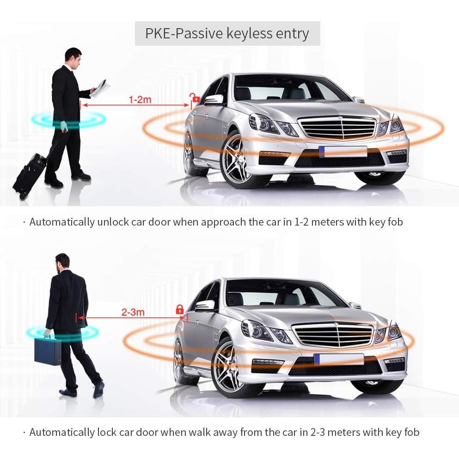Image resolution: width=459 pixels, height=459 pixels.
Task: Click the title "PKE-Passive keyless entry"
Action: click(x=227, y=34)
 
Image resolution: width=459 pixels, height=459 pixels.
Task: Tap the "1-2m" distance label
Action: click(x=140, y=99)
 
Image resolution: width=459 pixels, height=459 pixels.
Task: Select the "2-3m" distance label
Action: click(x=133, y=312)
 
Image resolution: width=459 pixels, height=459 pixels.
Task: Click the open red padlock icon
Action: click(x=196, y=98)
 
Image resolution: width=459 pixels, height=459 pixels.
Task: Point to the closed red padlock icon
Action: click(x=179, y=310)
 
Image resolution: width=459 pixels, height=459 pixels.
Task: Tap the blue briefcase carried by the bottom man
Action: click(x=47, y=350)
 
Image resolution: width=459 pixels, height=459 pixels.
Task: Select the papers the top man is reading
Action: click(x=99, y=88)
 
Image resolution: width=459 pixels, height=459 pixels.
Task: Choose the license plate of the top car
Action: click(x=343, y=152)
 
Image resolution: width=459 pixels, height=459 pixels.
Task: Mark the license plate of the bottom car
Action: click(x=338, y=359)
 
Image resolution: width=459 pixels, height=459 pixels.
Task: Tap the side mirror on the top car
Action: click(x=214, y=99)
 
